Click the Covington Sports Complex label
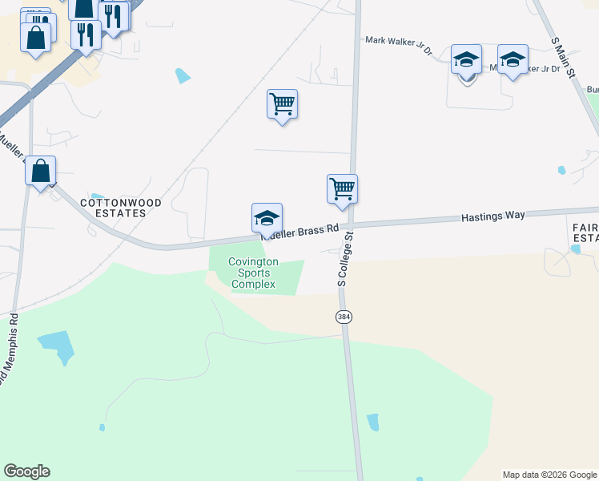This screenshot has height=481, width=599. [x=253, y=273]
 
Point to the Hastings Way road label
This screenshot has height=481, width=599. [x=492, y=216]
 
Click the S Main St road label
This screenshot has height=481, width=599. [x=564, y=57]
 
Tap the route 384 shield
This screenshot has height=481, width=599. [x=344, y=317]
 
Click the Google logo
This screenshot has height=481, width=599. [x=26, y=471]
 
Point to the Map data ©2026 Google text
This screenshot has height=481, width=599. [x=549, y=475]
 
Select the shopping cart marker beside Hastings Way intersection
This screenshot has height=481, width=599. [x=342, y=189]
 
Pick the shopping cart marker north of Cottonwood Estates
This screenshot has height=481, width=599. [x=282, y=104]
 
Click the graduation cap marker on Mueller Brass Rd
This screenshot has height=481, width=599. [x=267, y=218]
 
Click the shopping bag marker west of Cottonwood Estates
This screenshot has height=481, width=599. [x=40, y=171]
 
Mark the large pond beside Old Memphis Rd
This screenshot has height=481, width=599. [x=57, y=347]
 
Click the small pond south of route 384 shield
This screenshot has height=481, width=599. [x=372, y=422]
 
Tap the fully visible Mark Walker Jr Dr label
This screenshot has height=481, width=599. [x=398, y=44]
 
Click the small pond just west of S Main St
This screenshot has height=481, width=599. [x=561, y=170]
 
